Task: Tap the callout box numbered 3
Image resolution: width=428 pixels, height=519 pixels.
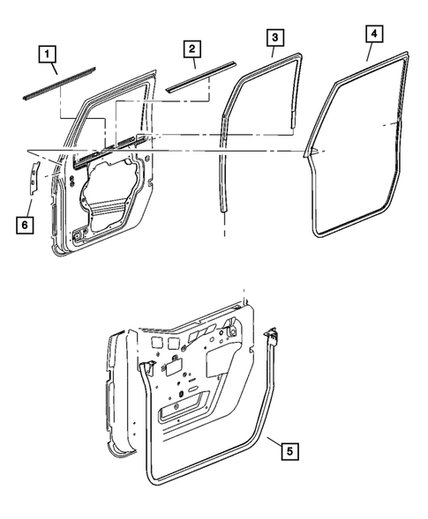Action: coord(275,37)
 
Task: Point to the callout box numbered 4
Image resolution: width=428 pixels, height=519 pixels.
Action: coord(374,36)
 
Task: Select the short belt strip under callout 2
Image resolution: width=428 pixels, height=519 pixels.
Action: coord(201,76)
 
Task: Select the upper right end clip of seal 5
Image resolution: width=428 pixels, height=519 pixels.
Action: coord(272,336)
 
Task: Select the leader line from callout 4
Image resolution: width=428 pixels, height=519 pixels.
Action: coord(370,53)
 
